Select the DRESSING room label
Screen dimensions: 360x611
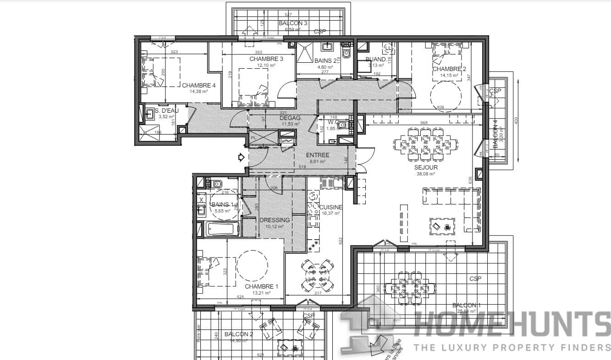tap(275, 220)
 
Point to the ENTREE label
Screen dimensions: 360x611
tap(318, 155)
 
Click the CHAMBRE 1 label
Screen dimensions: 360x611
tap(261, 286)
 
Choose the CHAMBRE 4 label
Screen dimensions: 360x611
tap(198, 85)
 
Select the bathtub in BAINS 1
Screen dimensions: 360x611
tap(222, 229)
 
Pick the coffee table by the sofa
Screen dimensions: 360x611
tap(442, 225)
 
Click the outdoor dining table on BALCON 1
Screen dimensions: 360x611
tap(409, 288)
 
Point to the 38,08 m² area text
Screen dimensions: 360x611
tap(426, 174)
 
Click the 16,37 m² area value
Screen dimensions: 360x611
tap(330, 213)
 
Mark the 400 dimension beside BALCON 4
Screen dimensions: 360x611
tap(515, 120)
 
